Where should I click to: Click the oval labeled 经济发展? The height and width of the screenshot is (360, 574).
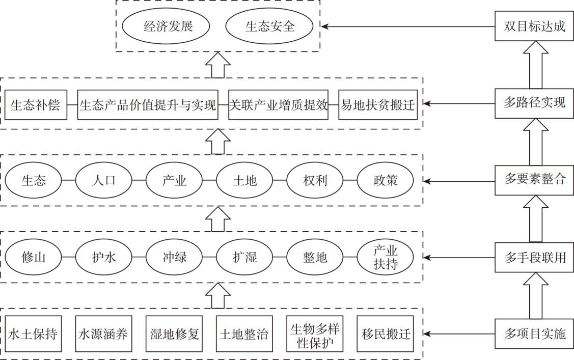[x=168, y=26]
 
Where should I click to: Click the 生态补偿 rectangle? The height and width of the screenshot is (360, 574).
[x=35, y=105]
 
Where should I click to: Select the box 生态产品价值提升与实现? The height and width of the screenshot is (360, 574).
[x=148, y=105]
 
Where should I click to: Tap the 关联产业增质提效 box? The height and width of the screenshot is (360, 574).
[x=278, y=105]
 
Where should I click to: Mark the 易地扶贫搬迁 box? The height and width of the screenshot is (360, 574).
[x=377, y=105]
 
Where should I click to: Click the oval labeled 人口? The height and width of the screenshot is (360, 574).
[x=103, y=180]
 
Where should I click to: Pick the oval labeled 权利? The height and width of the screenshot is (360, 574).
[x=315, y=180]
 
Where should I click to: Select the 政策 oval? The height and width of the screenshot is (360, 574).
[x=385, y=180]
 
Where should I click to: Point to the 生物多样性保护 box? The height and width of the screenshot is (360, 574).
[x=315, y=335]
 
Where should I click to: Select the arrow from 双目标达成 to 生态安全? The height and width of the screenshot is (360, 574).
[x=407, y=26]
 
